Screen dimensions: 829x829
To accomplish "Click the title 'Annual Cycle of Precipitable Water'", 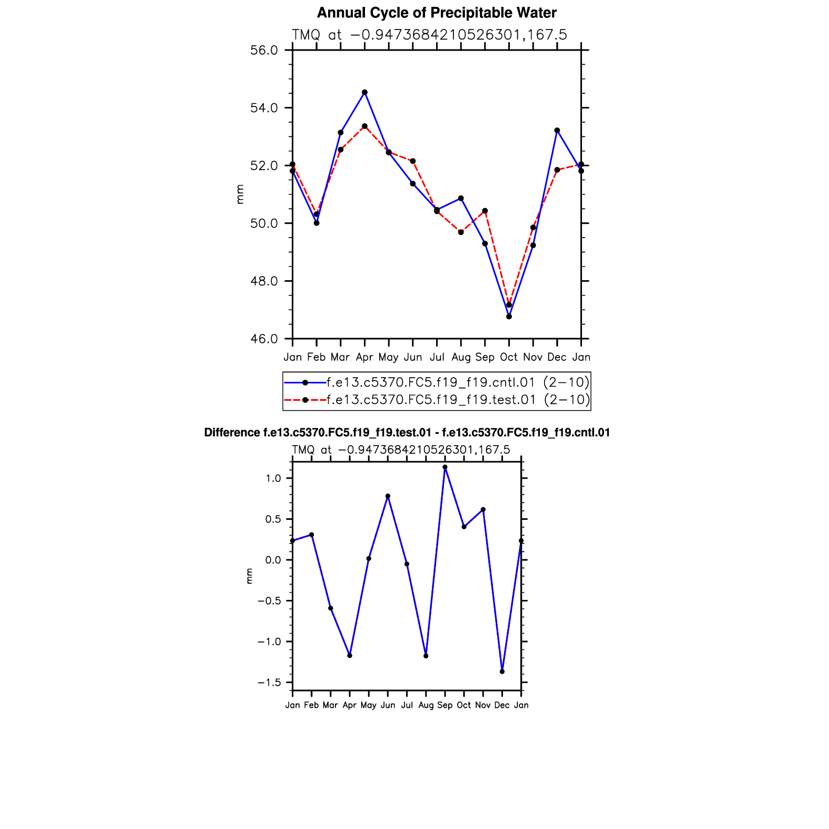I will tap(437, 13).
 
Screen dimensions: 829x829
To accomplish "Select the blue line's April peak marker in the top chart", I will tap(364, 92).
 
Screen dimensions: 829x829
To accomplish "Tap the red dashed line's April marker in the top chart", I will tap(364, 126).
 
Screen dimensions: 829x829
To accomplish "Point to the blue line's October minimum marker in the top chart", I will tap(509, 317).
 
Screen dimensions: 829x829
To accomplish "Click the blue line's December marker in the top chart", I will tap(557, 130).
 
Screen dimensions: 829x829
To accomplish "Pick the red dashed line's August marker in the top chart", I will tap(461, 232).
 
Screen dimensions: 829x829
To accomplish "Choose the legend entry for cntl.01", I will tap(431, 382).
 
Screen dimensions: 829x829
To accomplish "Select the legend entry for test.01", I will tap(431, 400).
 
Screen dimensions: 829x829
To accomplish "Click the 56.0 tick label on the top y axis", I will tap(264, 51).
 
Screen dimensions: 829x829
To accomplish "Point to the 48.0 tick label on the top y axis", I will tap(264, 281).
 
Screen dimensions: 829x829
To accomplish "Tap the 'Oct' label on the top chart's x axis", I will tap(509, 357).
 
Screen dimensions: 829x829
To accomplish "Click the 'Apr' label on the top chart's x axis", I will tap(364, 357).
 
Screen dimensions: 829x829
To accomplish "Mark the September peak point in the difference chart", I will tap(445, 467).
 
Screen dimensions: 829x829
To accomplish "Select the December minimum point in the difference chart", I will tap(502, 672).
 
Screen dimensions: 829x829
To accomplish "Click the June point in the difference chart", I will tap(388, 496).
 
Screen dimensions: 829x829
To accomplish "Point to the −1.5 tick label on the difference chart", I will tap(270, 683).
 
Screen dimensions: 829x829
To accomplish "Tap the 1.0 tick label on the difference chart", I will tap(274, 478).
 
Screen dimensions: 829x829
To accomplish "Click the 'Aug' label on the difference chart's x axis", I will tap(426, 705).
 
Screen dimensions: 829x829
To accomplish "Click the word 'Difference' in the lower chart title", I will tap(231, 433).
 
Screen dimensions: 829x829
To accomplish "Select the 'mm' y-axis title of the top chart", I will tap(240, 194).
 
